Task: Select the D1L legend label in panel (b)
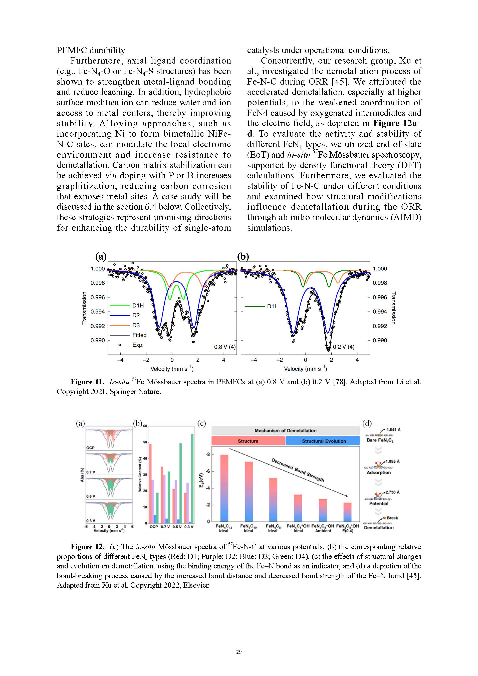(x=272, y=306)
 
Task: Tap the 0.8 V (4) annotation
(x=225, y=347)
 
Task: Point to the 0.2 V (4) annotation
(x=343, y=347)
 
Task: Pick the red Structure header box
(x=248, y=441)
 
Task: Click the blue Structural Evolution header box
(x=324, y=441)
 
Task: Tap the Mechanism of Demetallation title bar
(x=285, y=431)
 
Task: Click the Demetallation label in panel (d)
(x=378, y=528)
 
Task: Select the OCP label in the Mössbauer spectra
(x=90, y=448)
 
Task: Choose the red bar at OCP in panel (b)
(x=150, y=483)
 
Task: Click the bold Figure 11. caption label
(x=87, y=382)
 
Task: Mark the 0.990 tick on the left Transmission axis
(x=98, y=340)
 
